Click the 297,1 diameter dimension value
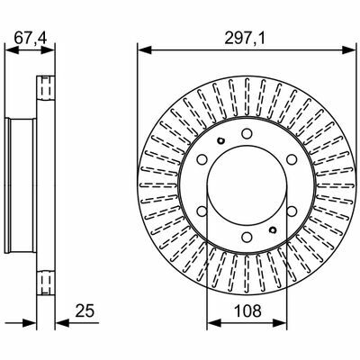pyautogui.click(x=245, y=39)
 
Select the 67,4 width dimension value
pyautogui.click(x=30, y=39)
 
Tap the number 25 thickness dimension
pyautogui.click(x=85, y=310)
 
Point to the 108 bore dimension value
pyautogui.click(x=247, y=310)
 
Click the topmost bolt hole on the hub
pyautogui.click(x=247, y=133)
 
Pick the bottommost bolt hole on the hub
pyautogui.click(x=247, y=237)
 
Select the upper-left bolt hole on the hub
pyautogui.click(x=202, y=159)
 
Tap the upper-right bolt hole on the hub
pyautogui.click(x=292, y=159)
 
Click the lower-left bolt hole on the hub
pyautogui.click(x=202, y=211)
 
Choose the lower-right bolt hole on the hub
pyautogui.click(x=292, y=211)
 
